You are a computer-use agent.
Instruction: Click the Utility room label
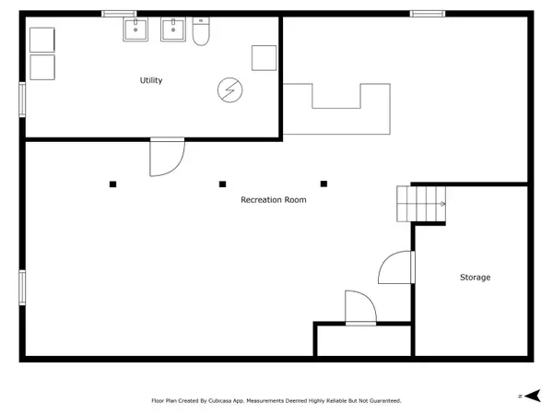(151, 80)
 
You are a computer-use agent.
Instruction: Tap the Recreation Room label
(274, 200)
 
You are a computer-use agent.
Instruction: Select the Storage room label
(475, 278)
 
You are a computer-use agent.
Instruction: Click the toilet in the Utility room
(201, 31)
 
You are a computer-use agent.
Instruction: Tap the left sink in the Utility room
(135, 30)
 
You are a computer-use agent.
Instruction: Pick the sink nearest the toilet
(173, 30)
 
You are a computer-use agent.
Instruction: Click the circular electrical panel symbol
(229, 90)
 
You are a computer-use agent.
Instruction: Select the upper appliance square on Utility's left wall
(42, 40)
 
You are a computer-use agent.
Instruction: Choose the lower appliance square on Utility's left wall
(42, 67)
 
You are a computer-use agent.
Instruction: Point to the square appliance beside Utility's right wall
(264, 58)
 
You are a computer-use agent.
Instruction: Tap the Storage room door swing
(383, 260)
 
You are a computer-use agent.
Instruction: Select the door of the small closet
(371, 300)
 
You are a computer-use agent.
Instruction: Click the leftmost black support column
(112, 184)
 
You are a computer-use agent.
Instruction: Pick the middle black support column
(222, 184)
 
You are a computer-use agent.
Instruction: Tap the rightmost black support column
(324, 184)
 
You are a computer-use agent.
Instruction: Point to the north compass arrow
(533, 396)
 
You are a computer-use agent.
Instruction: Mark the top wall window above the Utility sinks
(119, 14)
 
